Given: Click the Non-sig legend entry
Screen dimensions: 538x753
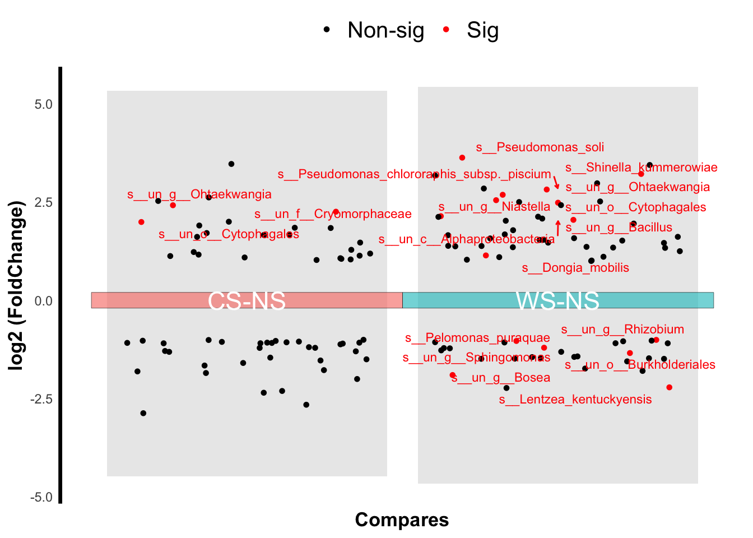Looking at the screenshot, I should (x=385, y=30).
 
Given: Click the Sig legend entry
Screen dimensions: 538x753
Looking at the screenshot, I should (x=482, y=30).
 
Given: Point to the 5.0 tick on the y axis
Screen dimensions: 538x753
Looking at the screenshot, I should (x=43, y=104).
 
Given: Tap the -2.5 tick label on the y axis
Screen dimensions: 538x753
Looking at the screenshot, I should (x=41, y=399).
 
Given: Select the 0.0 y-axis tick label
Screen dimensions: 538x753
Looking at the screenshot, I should (x=43, y=301).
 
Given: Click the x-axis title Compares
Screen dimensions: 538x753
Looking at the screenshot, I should (x=402, y=520).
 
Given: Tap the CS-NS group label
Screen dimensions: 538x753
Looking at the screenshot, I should (x=247, y=301).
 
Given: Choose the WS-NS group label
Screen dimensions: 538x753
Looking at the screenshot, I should (x=557, y=301).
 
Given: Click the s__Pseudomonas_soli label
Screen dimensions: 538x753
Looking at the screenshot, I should (x=540, y=147).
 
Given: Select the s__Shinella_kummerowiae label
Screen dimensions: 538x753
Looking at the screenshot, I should (x=641, y=168).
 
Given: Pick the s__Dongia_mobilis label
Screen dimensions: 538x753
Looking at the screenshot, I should (x=575, y=268).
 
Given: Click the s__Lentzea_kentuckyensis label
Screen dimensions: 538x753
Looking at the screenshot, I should (x=575, y=400).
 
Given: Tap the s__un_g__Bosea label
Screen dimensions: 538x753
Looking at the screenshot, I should (x=501, y=378).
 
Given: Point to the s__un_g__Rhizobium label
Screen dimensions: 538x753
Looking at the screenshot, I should (x=622, y=330).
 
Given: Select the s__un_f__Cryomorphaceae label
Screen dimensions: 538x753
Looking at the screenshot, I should (x=333, y=214).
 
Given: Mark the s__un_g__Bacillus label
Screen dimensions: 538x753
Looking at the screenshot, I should (x=619, y=228).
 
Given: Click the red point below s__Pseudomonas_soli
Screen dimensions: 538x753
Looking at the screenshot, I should (x=462, y=158).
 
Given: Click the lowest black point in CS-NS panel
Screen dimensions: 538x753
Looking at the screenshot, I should (x=143, y=413).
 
